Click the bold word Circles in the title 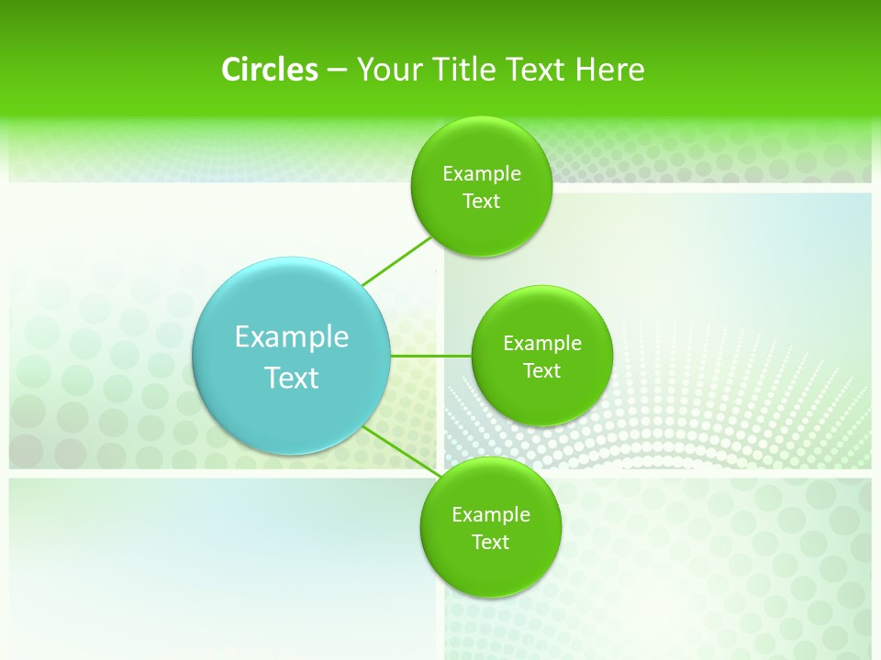pos(269,70)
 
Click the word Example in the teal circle pos(292,337)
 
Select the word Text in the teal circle pos(292,378)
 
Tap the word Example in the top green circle pos(482,174)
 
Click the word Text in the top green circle pos(482,202)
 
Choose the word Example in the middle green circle pos(542,344)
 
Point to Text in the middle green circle pos(542,371)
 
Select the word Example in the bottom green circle pos(491,515)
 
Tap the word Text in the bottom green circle pos(491,543)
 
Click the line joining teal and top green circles pos(396,261)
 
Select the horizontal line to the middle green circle pos(430,356)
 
